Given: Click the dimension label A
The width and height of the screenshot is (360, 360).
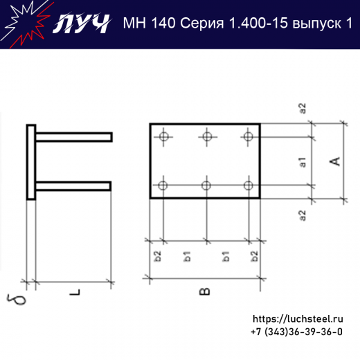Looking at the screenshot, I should click(334, 161).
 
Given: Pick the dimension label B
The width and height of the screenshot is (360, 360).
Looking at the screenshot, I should click(205, 291).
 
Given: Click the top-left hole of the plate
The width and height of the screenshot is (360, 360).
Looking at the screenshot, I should click(163, 136).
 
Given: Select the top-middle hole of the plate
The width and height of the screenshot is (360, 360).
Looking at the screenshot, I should click(206, 136).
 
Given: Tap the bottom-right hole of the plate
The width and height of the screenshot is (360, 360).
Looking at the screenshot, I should click(248, 185).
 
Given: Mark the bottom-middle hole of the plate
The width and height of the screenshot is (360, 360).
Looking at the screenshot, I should click(206, 185).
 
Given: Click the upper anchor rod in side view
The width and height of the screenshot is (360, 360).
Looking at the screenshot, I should click(73, 137).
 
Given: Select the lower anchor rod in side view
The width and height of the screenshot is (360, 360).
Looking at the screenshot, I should click(73, 185).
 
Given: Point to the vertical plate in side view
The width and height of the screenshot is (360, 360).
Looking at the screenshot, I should click(31, 162).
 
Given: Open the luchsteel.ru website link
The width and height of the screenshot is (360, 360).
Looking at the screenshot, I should click(298, 319).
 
